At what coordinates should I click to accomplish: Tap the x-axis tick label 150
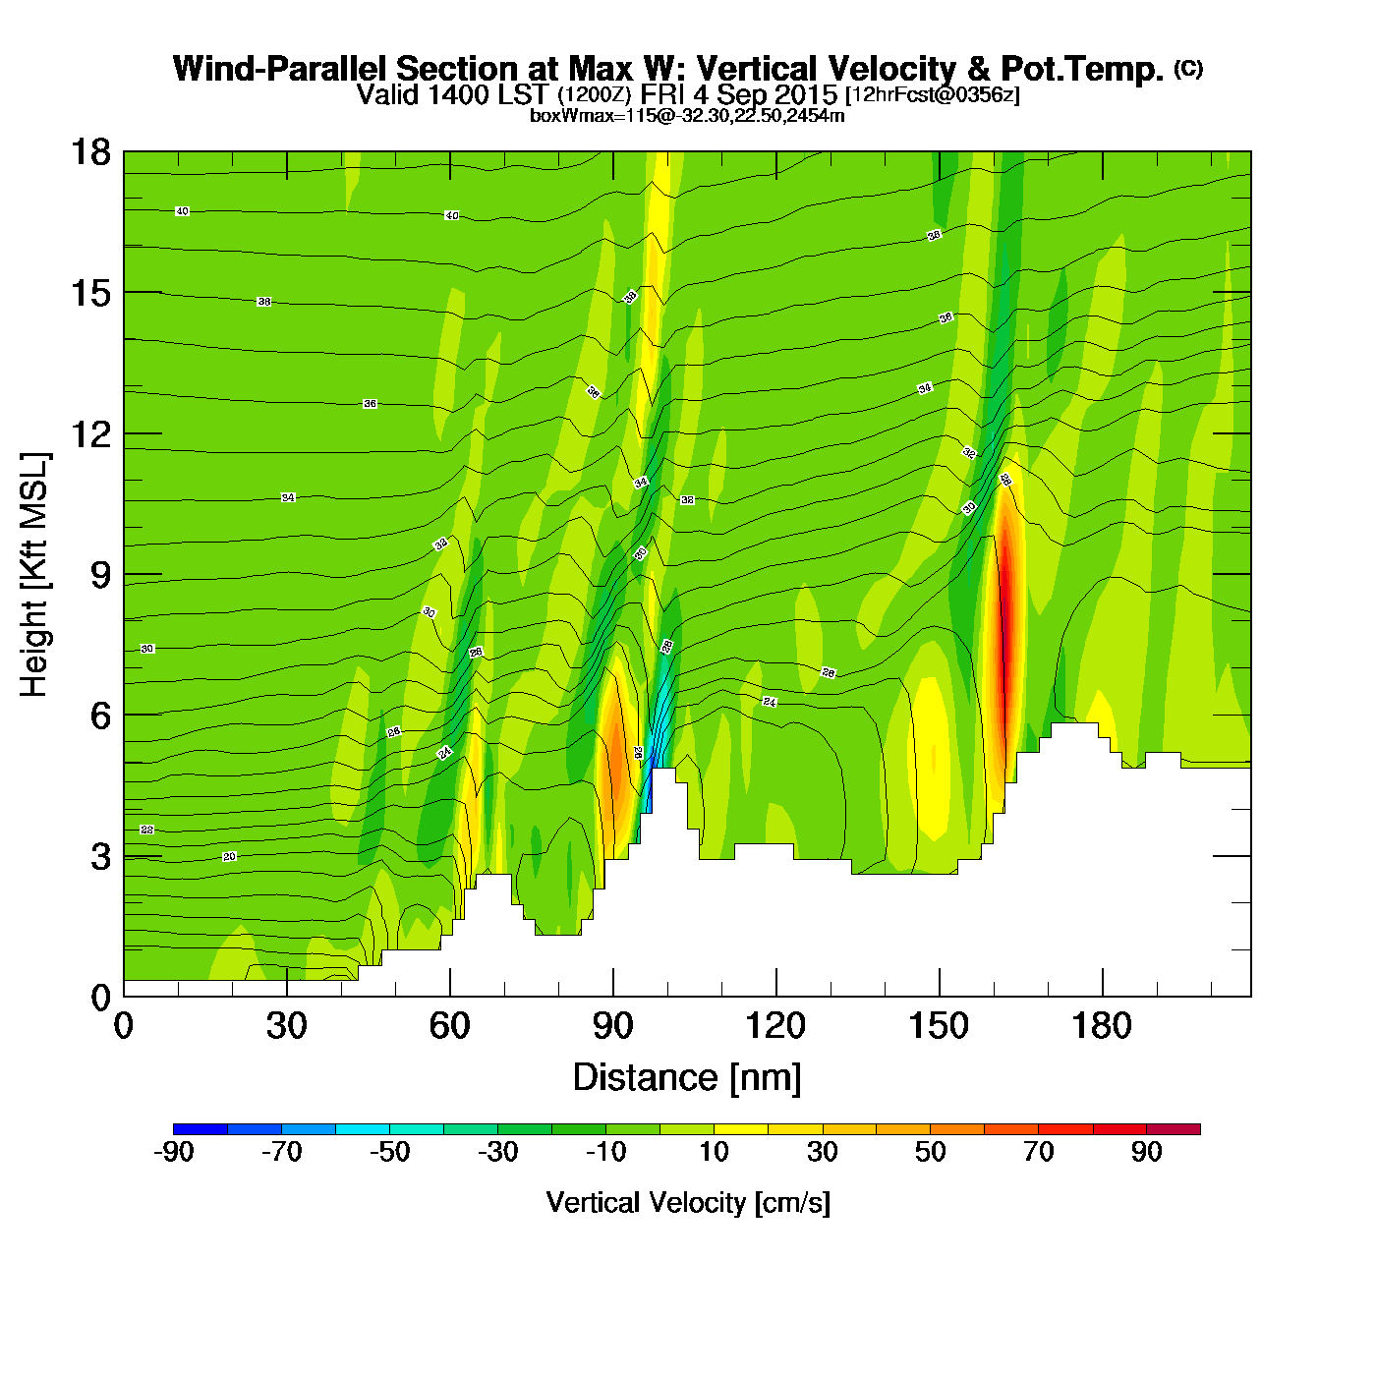pos(939,1026)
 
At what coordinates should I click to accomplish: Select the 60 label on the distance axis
pos(449,1026)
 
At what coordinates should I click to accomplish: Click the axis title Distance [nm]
pos(687,1077)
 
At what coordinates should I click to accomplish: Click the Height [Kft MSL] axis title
pos(34,575)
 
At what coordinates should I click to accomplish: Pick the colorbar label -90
pos(173,1152)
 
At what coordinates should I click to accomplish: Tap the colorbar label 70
pos(1038,1152)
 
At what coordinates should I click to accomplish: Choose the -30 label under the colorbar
pos(497,1152)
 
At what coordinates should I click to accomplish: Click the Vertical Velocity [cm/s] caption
pos(688,1202)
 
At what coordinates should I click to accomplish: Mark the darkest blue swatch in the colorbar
pos(201,1129)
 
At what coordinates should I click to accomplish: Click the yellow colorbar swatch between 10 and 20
pos(741,1129)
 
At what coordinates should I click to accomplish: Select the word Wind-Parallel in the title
pos(280,69)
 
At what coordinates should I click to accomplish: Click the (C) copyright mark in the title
pos(1188,68)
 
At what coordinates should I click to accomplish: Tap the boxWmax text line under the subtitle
pos(687,116)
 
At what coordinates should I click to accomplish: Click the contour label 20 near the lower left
pos(229,857)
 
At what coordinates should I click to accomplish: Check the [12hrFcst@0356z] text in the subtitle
pos(933,95)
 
